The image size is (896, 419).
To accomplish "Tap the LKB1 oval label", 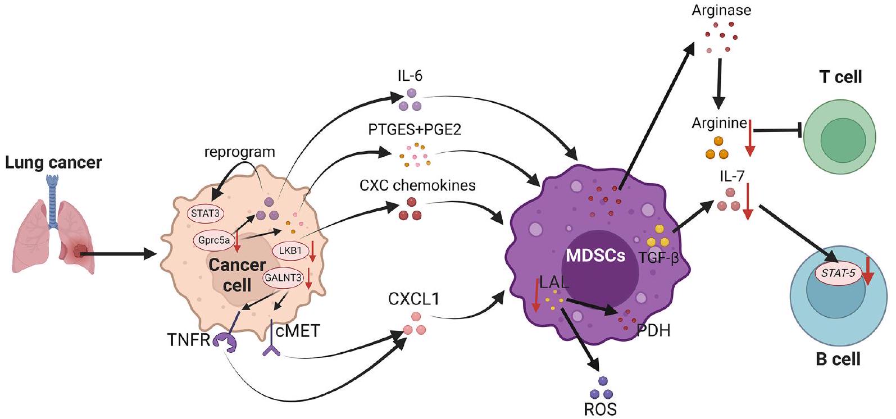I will click(x=290, y=251).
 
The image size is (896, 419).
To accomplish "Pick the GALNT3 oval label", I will click(x=284, y=277).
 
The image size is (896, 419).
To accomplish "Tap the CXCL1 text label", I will click(x=413, y=299).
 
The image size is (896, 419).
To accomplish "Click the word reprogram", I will click(x=239, y=152).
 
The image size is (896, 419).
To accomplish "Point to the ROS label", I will click(x=600, y=409).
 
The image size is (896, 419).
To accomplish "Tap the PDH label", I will click(x=653, y=330).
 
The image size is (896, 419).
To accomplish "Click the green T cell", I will click(x=839, y=138).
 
